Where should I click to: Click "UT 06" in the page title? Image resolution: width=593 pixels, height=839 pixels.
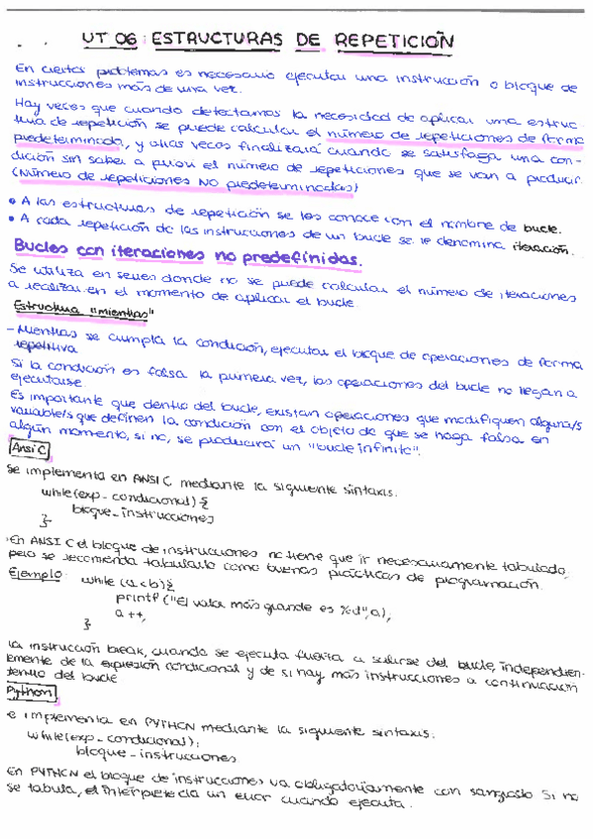tap(108, 40)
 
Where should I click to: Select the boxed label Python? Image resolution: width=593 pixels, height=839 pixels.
tap(31, 692)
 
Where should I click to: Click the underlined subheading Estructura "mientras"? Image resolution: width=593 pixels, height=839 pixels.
tap(84, 314)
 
